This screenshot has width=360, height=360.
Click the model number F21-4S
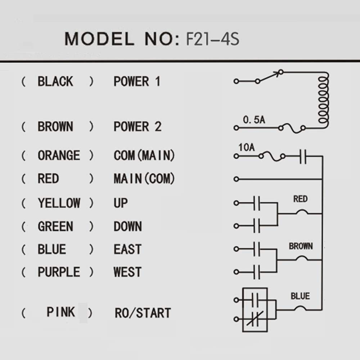click(x=213, y=39)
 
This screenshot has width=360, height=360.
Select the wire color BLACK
click(x=55, y=81)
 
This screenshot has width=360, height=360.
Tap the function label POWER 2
click(x=138, y=126)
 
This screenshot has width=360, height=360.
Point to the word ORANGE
click(x=59, y=155)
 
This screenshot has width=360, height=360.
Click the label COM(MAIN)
click(x=144, y=155)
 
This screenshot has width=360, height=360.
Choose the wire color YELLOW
click(x=59, y=203)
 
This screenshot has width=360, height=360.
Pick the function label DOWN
click(x=128, y=226)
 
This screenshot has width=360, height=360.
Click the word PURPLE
click(x=59, y=272)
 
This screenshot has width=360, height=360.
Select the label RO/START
click(x=143, y=313)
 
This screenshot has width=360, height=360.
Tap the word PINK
click(x=61, y=312)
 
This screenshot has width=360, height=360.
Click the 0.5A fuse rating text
click(x=254, y=120)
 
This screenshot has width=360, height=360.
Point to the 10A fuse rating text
click(x=247, y=147)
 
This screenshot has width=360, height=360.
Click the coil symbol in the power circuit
click(x=323, y=100)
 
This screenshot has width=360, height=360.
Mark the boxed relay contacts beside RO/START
click(x=255, y=310)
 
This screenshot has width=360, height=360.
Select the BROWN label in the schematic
click(x=301, y=246)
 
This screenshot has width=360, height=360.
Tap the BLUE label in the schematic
click(x=300, y=296)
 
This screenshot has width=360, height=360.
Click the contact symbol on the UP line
click(x=257, y=203)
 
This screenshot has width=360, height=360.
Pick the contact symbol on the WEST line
click(x=257, y=272)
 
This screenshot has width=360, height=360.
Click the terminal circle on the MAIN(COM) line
click(x=236, y=179)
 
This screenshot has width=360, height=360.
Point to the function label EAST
click(x=127, y=249)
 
